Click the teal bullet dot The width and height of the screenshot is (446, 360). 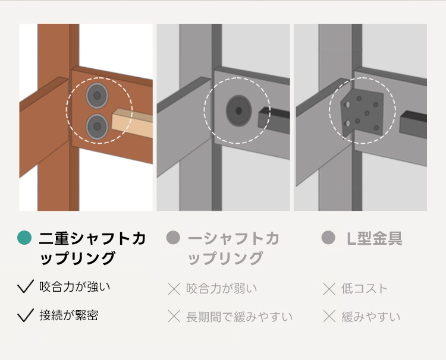[24, 238]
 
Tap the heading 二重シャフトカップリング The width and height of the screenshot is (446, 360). [92, 248]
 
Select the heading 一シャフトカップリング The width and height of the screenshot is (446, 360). [234, 248]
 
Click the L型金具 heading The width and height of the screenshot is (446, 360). [374, 238]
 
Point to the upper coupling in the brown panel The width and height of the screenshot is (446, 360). [97, 96]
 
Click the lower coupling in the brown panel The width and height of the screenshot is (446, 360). [97, 127]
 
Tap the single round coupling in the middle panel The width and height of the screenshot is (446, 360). [238, 110]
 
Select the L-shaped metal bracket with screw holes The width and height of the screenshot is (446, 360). [362, 112]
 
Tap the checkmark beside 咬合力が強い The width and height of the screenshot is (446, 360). [26, 286]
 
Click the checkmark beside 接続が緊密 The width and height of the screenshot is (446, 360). [26, 315]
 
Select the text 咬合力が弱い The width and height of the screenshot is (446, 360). [222, 288]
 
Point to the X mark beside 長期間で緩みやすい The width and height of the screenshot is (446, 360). [174, 316]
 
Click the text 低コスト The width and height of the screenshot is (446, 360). [365, 288]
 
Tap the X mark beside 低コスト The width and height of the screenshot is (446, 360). [329, 289]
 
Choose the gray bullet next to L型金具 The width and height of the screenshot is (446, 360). [328, 238]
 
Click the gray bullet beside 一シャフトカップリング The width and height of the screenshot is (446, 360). [173, 238]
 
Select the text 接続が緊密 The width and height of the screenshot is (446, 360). [69, 315]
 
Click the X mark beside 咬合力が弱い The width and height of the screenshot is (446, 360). [174, 289]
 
